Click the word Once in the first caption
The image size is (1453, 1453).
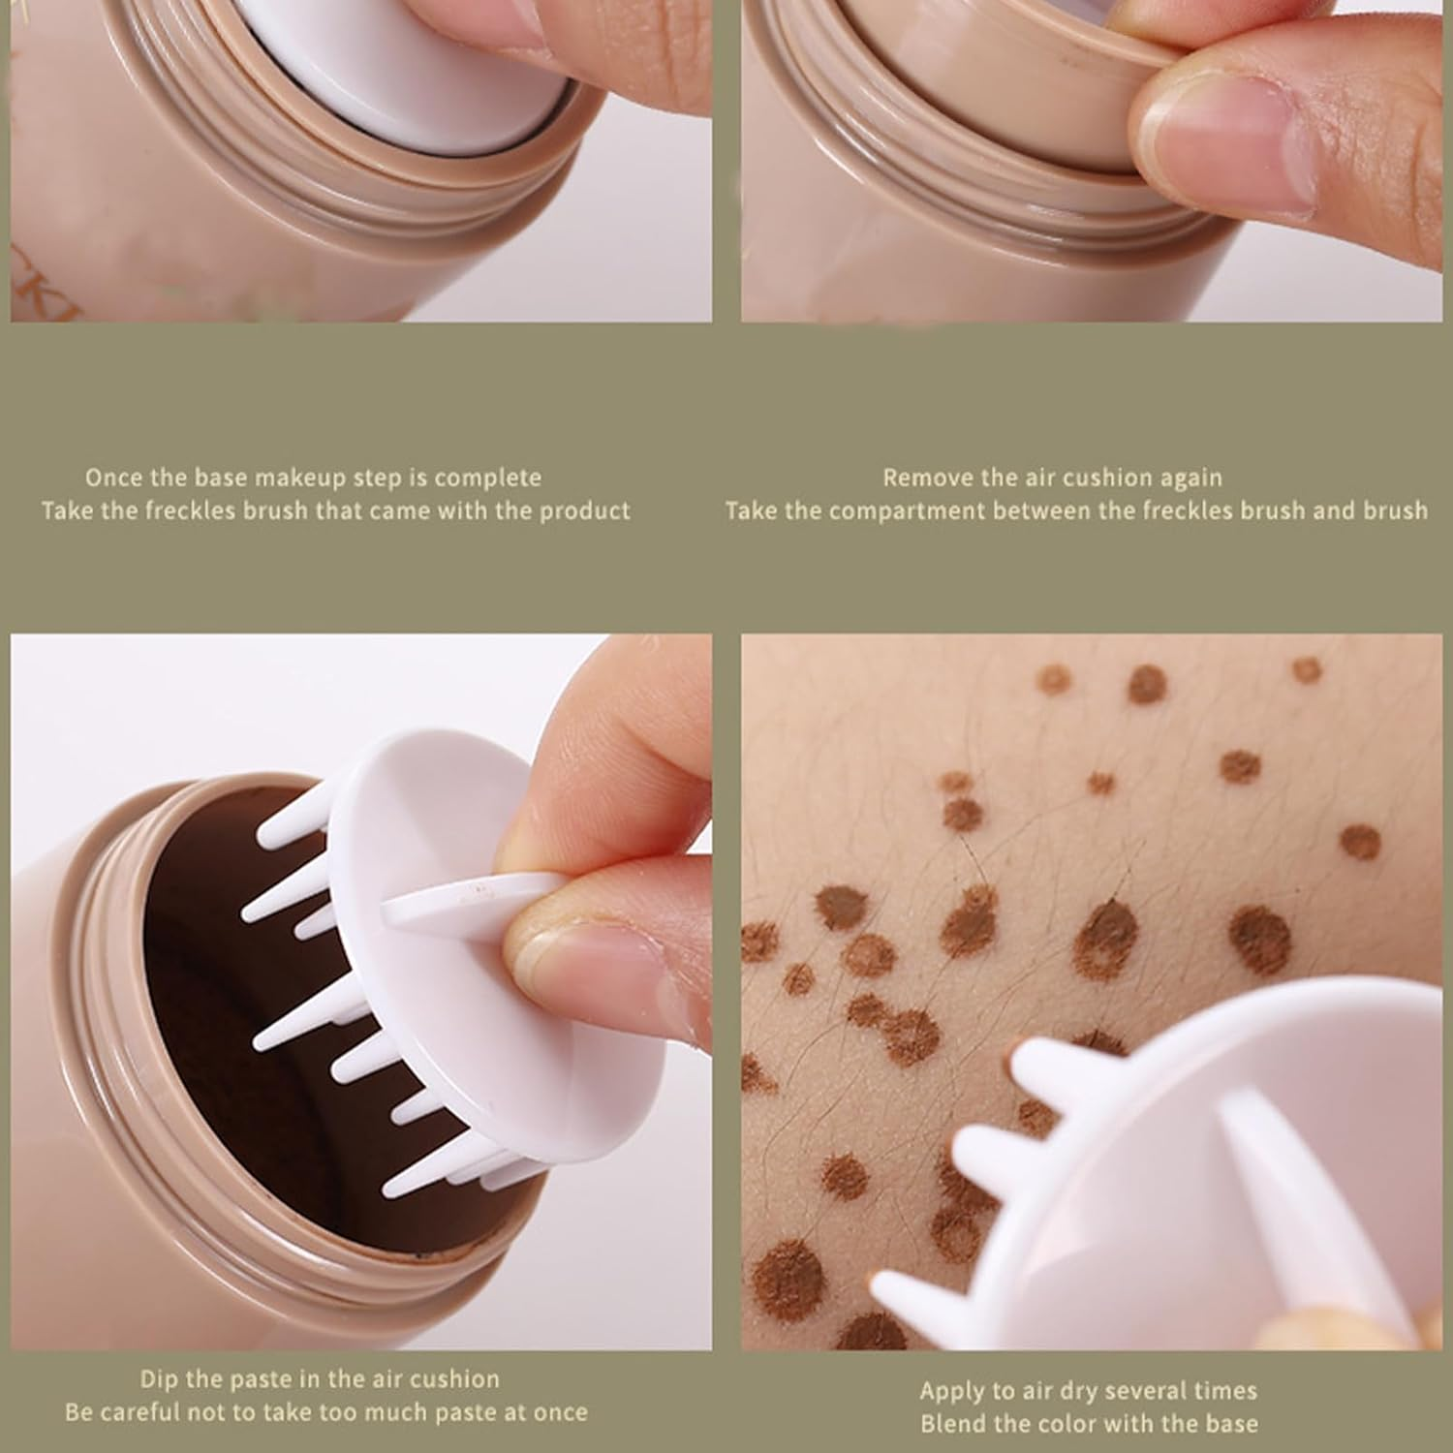[112, 478]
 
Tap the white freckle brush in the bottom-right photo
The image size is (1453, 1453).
[1211, 1162]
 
